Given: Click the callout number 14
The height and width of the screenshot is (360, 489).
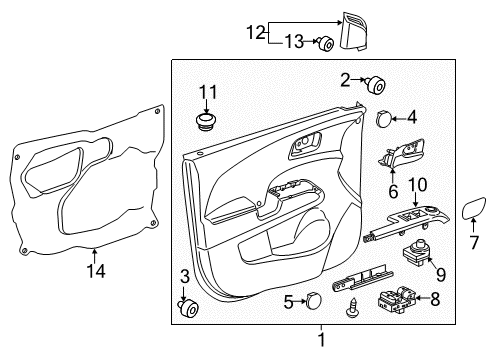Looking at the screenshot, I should coord(94,269).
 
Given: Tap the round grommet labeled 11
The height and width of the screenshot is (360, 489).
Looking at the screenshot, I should coord(206,123).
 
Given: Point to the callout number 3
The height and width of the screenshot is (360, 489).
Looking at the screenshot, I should coord(184,276).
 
